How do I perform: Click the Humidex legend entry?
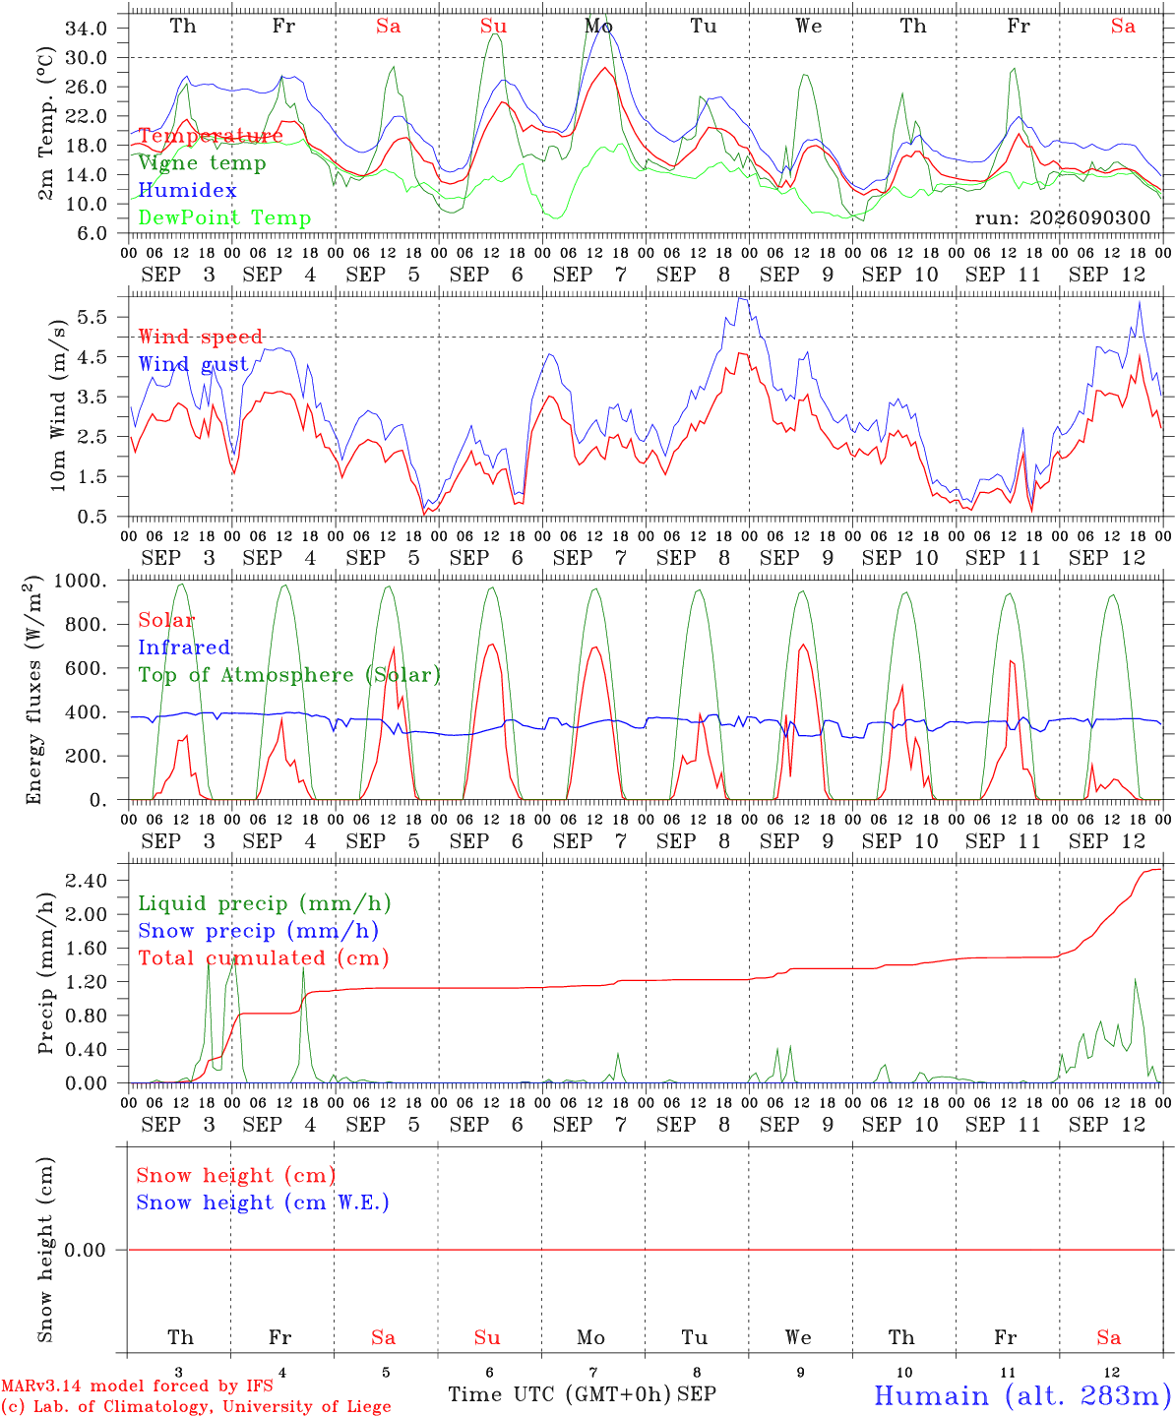pyautogui.click(x=187, y=190)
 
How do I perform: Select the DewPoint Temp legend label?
pyautogui.click(x=224, y=217)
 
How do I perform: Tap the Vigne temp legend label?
pyautogui.click(x=203, y=163)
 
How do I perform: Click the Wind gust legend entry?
pyautogui.click(x=194, y=364)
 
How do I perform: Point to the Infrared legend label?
pyautogui.click(x=184, y=647)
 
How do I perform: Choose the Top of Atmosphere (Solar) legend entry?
pyautogui.click(x=290, y=675)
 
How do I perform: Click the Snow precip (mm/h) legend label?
pyautogui.click(x=259, y=931)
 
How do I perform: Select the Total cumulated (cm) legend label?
pyautogui.click(x=264, y=957)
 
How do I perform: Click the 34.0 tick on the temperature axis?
pyautogui.click(x=87, y=29)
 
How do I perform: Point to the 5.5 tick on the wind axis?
pyautogui.click(x=93, y=317)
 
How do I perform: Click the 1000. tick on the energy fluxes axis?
pyautogui.click(x=81, y=581)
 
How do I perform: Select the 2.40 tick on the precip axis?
pyautogui.click(x=87, y=880)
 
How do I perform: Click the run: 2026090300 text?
pyautogui.click(x=1062, y=217)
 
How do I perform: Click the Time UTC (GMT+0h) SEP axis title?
pyautogui.click(x=582, y=1394)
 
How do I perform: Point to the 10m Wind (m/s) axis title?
pyautogui.click(x=58, y=405)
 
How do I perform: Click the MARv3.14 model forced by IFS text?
pyautogui.click(x=137, y=1386)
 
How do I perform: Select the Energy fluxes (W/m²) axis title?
pyautogui.click(x=33, y=690)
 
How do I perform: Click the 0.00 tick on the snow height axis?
pyautogui.click(x=86, y=1250)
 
